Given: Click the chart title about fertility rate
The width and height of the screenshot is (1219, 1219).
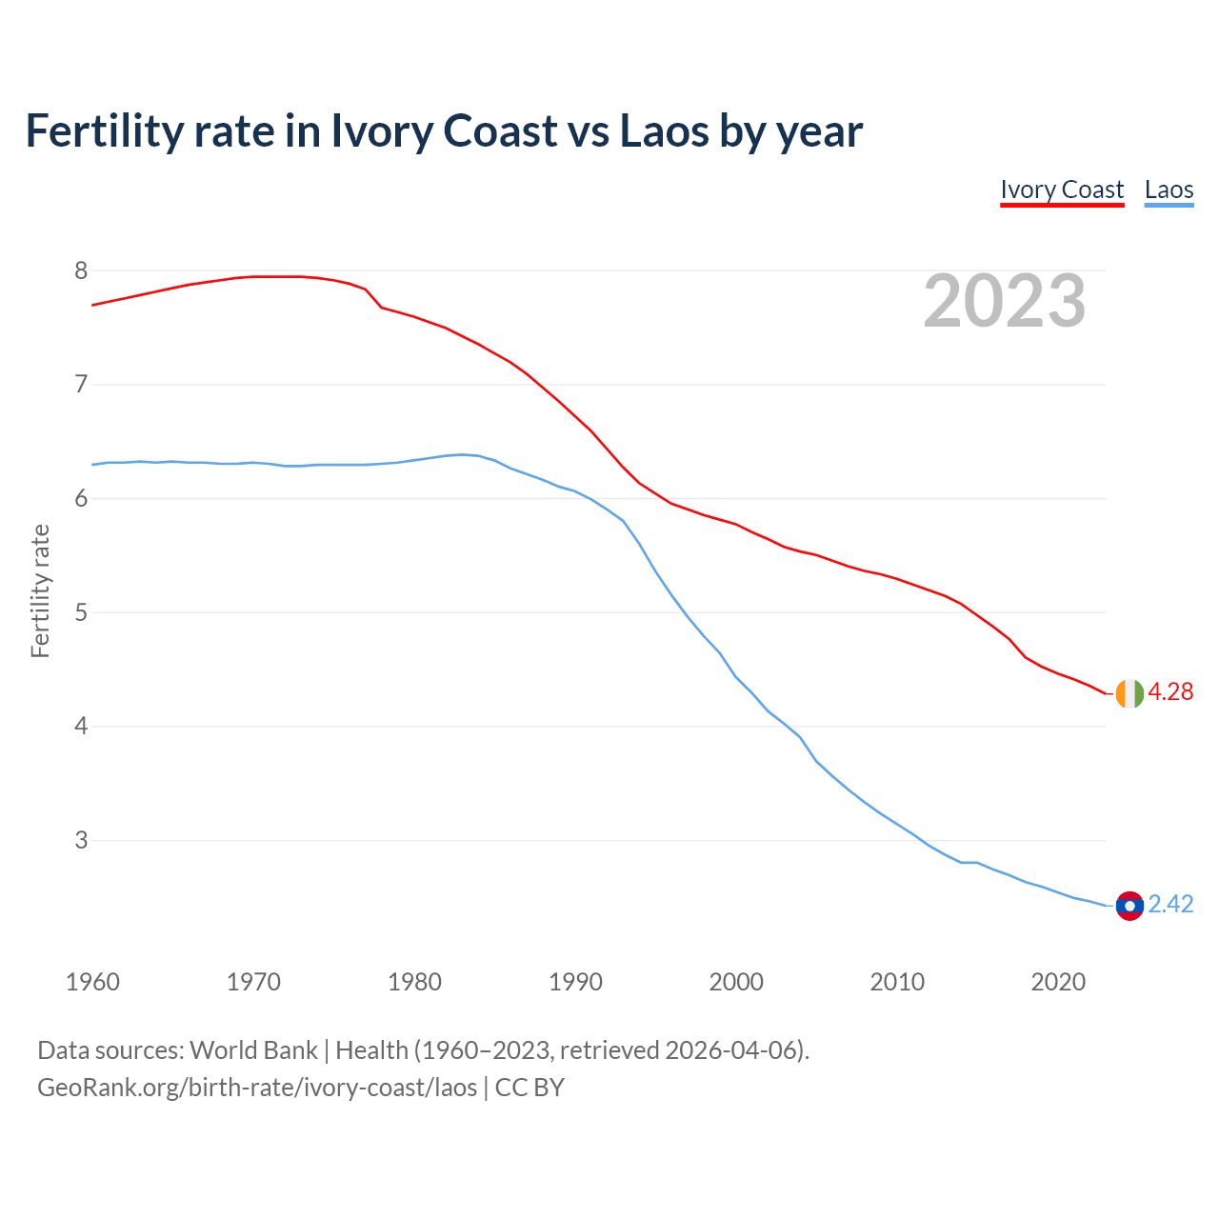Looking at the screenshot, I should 444,130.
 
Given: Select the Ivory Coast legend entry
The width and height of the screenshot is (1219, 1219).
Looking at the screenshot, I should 1062,190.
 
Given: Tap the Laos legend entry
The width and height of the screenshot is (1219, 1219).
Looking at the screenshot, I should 1169,190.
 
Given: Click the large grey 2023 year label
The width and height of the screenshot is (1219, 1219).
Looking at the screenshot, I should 1005,301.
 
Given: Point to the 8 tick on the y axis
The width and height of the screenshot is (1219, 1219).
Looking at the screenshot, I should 81,271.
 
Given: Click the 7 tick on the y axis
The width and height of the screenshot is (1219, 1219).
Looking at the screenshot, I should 81,385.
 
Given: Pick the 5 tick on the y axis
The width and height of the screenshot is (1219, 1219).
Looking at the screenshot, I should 81,612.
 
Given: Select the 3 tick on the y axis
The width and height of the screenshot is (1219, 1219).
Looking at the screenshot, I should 81,841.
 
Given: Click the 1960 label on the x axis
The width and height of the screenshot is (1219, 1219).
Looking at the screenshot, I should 92,982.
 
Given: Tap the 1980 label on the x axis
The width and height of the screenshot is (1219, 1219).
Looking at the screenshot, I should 414,982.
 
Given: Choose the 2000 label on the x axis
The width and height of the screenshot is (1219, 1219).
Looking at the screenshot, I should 736,982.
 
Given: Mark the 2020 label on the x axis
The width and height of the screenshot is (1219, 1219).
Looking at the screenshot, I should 1058,982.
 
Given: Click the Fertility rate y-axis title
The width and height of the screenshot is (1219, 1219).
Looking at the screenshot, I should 40,590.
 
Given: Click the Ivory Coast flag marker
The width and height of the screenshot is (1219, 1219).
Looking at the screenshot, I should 1129,693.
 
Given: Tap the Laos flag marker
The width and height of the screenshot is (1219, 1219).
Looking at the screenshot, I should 1129,906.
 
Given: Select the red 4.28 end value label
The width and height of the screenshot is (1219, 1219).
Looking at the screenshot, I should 1170,692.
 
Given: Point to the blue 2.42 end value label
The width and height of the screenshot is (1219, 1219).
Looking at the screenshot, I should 1170,905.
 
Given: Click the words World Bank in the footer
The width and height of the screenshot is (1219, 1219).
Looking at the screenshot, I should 253,1050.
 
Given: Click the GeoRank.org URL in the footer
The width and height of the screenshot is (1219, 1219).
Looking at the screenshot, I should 257,1088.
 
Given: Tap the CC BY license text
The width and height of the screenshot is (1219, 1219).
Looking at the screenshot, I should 530,1088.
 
